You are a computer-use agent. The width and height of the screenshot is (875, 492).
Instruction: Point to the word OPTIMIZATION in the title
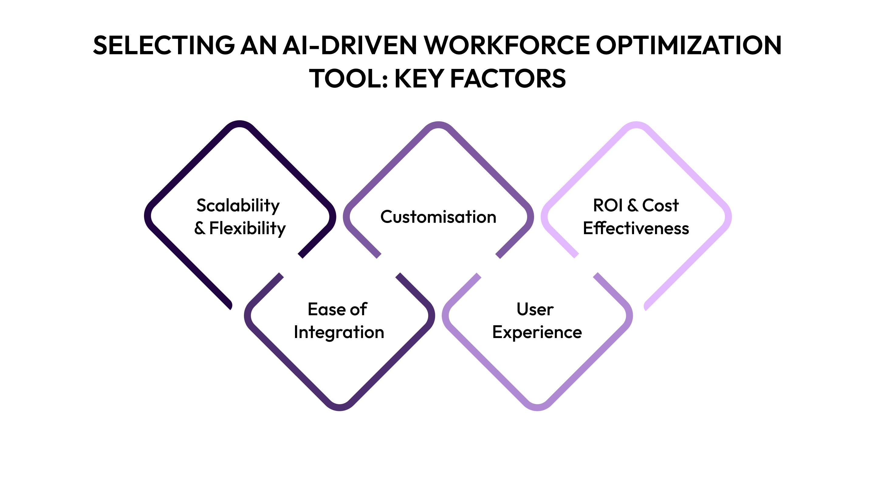point(689,45)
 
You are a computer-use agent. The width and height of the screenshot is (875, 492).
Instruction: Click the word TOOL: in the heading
point(348,78)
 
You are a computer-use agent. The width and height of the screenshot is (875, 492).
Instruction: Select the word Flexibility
point(247,228)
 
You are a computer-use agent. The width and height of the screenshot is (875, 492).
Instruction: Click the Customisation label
point(438,217)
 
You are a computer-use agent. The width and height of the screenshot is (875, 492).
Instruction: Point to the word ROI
point(608,205)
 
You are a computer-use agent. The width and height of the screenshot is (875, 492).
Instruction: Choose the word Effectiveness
point(636,228)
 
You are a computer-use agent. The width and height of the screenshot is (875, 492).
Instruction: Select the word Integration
point(339,332)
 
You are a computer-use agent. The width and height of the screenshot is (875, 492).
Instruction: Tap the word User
point(535,309)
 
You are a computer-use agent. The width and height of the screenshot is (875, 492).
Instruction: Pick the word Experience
point(537,332)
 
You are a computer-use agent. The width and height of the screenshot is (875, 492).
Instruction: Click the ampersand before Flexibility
point(200,228)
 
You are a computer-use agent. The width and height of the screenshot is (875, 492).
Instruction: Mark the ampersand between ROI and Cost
point(633,205)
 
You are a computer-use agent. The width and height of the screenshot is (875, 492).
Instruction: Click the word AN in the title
point(258,45)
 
